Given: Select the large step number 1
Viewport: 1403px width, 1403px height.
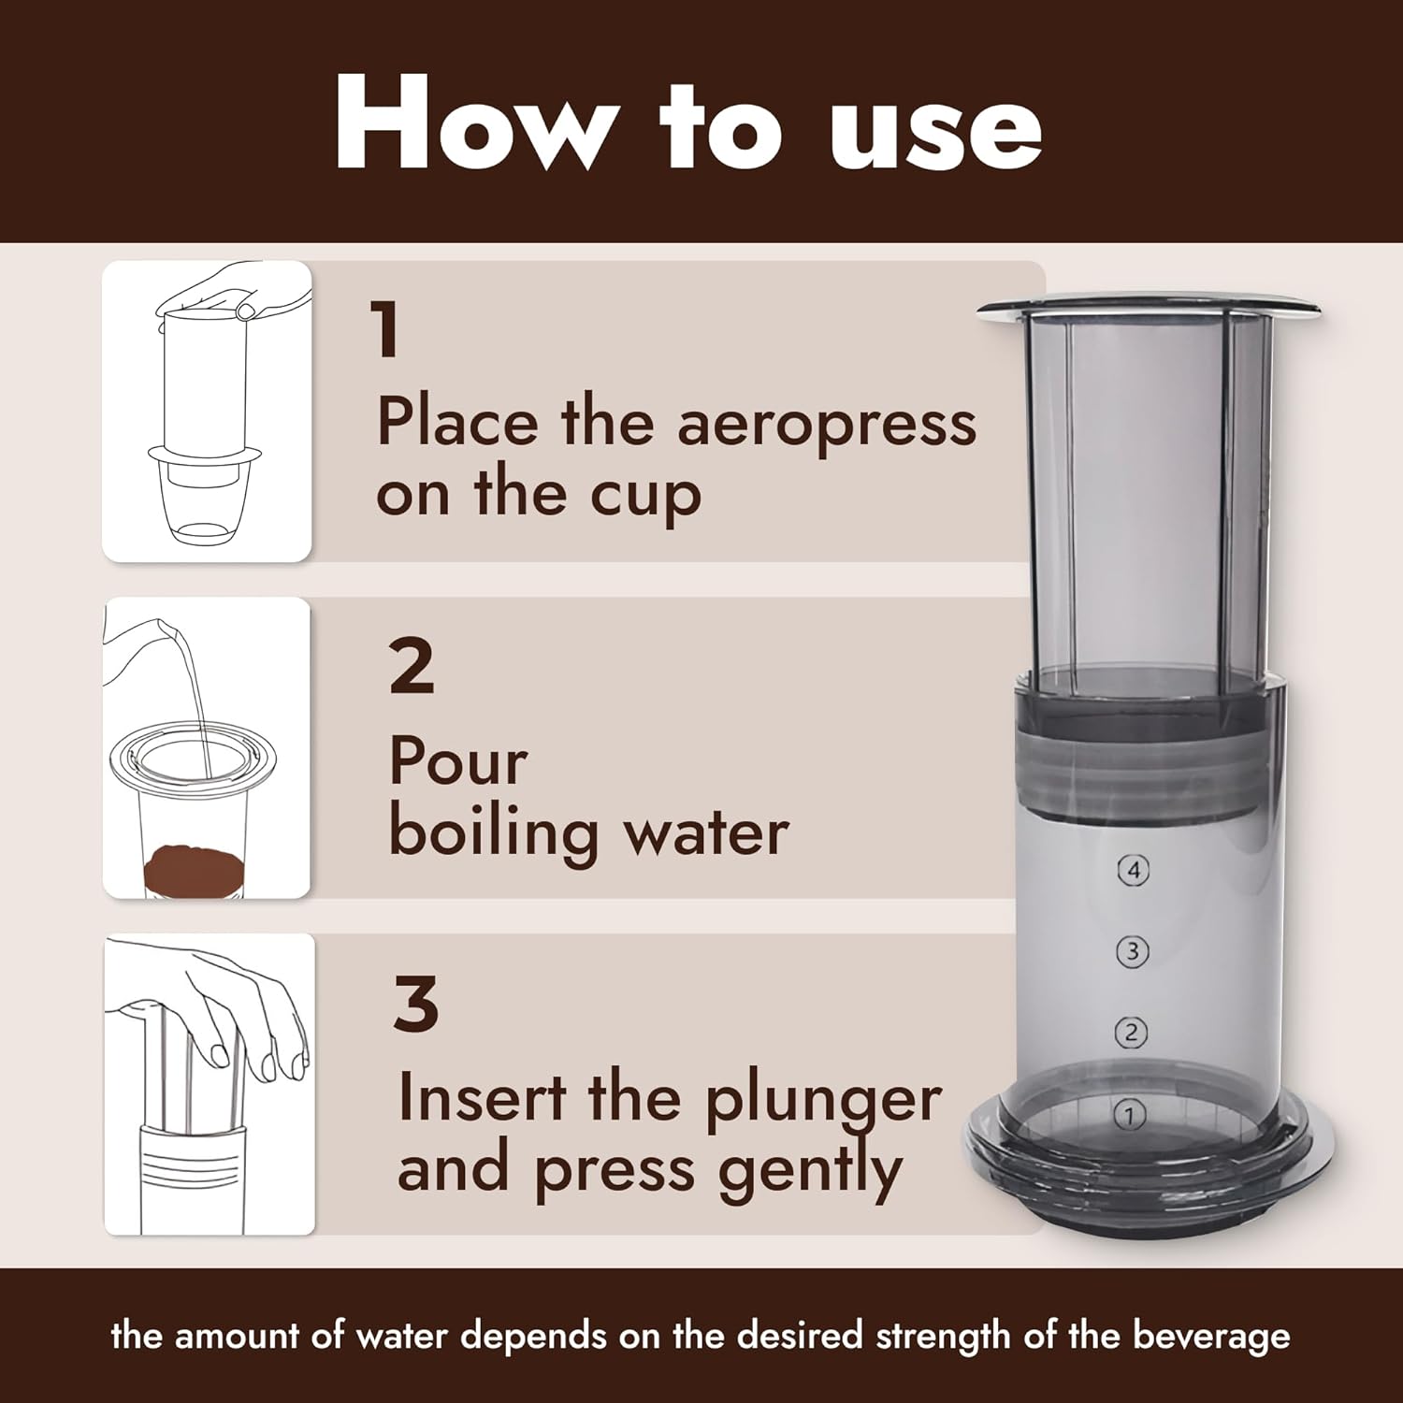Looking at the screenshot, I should coord(386,330).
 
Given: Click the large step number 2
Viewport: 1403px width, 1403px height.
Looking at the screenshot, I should coord(412,667).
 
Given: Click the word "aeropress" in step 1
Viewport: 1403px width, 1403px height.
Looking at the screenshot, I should coord(826,425).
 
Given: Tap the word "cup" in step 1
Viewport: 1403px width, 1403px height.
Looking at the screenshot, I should coord(645,497).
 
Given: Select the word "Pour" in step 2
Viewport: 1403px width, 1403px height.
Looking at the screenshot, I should coord(458,762).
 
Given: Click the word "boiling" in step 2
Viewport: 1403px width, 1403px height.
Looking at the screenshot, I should coord(494,832).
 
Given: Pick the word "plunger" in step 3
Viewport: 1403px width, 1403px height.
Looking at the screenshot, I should coord(823,1102).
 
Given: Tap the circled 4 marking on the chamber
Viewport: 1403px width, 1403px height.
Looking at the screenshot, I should coord(1134,871).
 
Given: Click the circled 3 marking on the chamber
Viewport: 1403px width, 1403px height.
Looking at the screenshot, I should coord(1133,952).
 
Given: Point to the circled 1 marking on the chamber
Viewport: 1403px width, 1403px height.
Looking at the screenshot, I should coord(1130,1115).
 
